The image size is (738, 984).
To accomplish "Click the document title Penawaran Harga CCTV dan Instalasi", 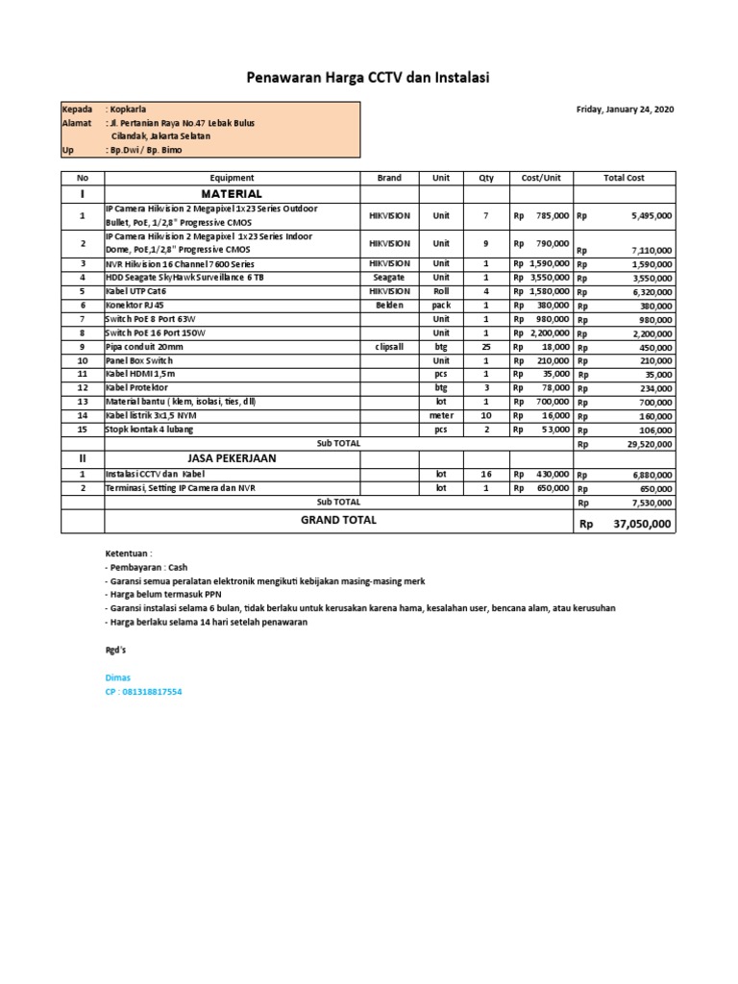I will (368, 78).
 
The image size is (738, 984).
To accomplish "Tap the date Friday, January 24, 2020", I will (625, 110).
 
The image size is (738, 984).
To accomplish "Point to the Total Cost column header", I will (624, 178).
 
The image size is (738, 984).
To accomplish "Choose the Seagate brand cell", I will (389, 278).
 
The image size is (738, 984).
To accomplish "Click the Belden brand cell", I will (389, 305).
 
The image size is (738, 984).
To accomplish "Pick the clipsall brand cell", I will (389, 346).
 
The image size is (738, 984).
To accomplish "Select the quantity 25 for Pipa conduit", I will (485, 346).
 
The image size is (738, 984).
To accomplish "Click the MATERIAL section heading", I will (231, 193).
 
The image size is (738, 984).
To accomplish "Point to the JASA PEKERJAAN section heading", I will (231, 458).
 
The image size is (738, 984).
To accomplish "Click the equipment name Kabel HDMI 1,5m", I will (141, 374).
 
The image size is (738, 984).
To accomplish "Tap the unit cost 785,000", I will (553, 216).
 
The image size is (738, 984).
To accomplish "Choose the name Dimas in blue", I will (117, 677).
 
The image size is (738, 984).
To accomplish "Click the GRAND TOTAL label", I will (338, 520).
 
